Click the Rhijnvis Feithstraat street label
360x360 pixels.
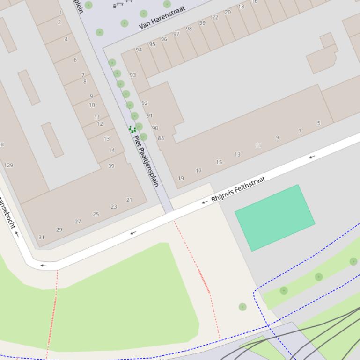click(238, 189)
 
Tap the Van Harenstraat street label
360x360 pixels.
click(162, 17)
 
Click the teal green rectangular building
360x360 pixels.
click(274, 217)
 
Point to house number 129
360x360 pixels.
click(8, 165)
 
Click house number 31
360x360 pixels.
click(41, 237)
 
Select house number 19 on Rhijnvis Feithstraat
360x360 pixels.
click(181, 178)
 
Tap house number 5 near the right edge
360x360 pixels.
click(319, 123)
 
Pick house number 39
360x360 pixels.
click(111, 166)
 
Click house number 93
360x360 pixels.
click(133, 75)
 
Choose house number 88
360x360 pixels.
click(161, 138)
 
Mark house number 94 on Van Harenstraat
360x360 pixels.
click(139, 50)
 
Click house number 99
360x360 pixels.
click(202, 22)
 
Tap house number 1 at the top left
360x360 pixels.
click(60, 13)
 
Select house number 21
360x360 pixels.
click(129, 200)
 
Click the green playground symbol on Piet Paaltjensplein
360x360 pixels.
click(132, 129)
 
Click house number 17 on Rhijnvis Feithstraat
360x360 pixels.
click(199, 171)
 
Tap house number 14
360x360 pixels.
click(111, 150)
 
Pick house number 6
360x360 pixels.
click(75, 60)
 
